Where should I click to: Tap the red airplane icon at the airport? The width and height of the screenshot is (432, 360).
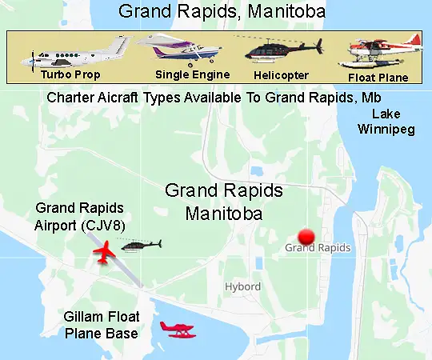(x=104, y=254)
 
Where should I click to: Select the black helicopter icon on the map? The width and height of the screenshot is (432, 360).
(x=140, y=245)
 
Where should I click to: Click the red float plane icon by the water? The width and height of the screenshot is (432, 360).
(x=177, y=329)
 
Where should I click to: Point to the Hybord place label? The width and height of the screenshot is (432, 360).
(x=242, y=286)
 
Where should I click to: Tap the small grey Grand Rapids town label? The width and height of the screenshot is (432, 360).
(x=318, y=248)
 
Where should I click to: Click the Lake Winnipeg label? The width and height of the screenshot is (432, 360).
(x=386, y=121)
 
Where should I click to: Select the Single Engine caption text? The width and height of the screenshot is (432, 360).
(x=193, y=75)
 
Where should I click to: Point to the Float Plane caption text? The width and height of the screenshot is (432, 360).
(x=378, y=78)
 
